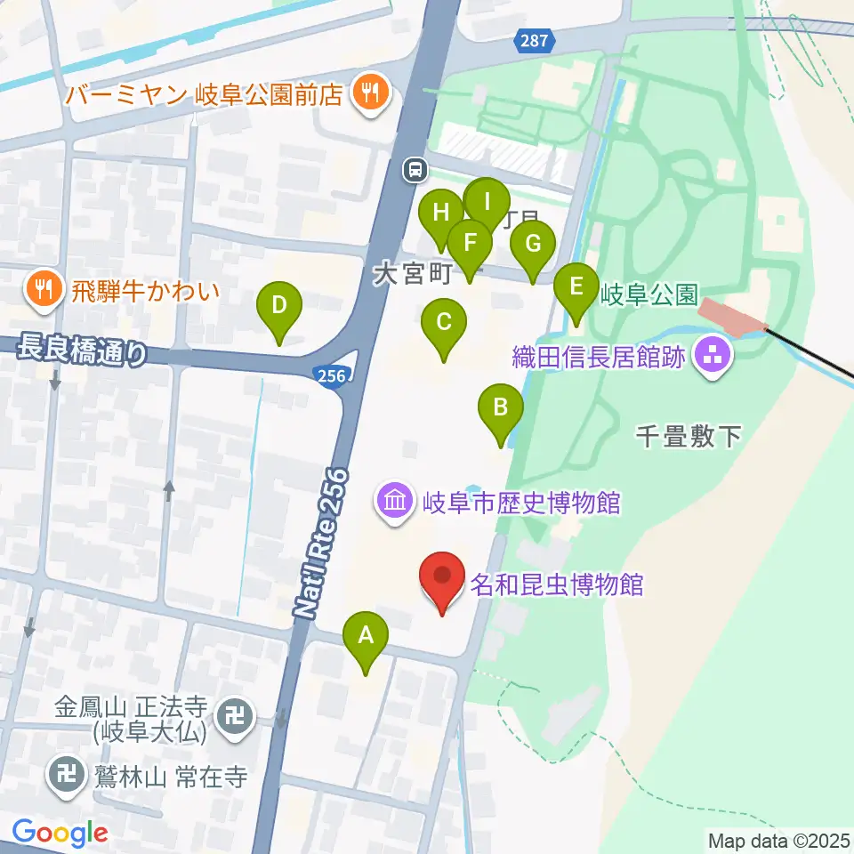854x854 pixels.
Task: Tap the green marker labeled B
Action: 501,408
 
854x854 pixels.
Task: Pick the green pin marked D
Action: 279,306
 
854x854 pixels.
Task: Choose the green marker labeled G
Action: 533,245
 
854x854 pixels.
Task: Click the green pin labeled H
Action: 440,213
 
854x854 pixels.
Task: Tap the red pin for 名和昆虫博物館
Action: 442,576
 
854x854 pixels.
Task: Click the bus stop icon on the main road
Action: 415,168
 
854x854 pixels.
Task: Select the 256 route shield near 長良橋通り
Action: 331,376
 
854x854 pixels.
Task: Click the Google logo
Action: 60,833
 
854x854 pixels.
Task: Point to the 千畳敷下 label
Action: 689,436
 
